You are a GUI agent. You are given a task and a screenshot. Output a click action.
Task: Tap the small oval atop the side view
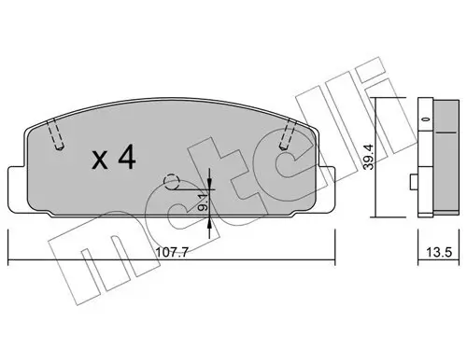(430, 119)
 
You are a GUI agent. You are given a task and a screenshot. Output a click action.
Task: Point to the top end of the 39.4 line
(379, 98)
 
